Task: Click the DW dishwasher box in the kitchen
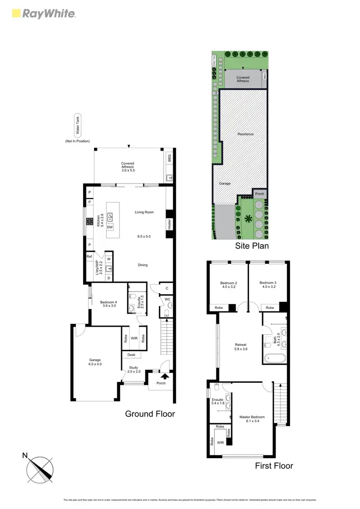coord(110,227)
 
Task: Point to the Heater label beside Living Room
coord(169,224)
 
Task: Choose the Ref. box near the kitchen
coord(90,257)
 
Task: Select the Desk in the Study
coord(132,355)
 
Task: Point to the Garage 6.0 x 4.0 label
coord(96,362)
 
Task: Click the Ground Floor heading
coord(150,414)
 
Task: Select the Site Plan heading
coord(252,246)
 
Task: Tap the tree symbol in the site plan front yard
coord(249,220)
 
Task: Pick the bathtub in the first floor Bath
coord(275,357)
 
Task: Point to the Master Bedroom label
coord(252,418)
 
